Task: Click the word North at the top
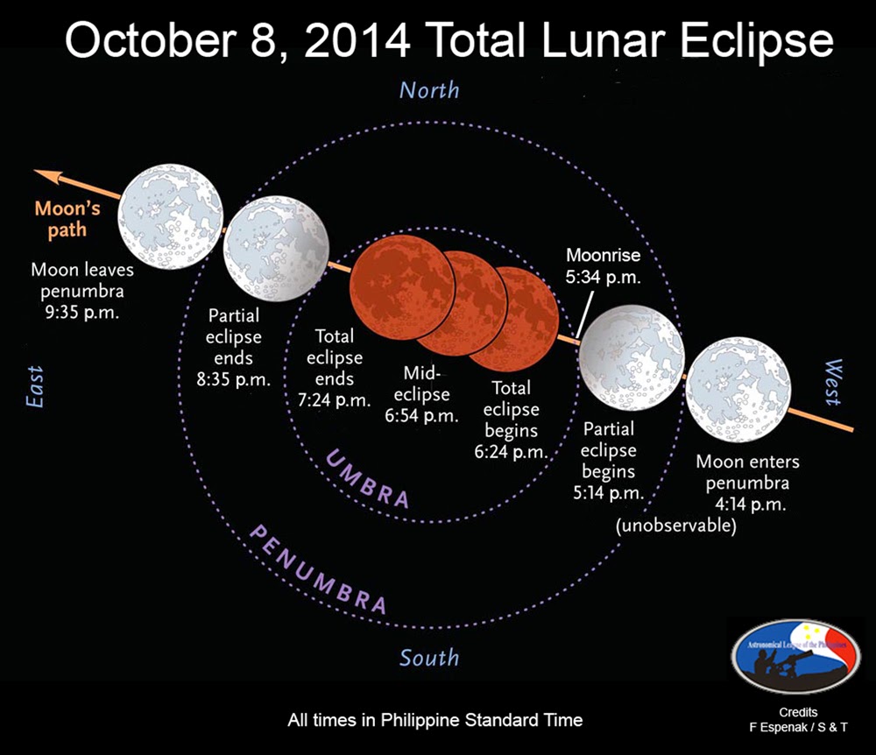[428, 90]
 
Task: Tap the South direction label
[429, 657]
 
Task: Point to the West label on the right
[831, 383]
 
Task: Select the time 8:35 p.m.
[232, 379]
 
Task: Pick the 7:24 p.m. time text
[335, 400]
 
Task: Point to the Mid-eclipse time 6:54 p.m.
[421, 416]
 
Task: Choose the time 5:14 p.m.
[608, 492]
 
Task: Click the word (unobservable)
[675, 526]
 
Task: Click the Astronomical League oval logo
[795, 656]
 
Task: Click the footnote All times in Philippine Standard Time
[434, 720]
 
